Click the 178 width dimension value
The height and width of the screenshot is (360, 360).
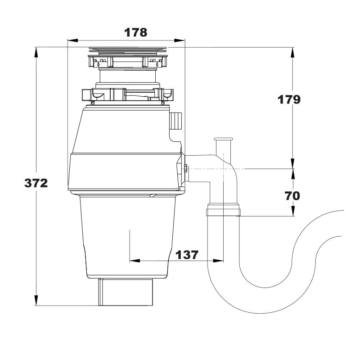pyautogui.click(x=136, y=32)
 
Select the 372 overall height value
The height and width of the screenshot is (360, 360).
pyautogui.click(x=36, y=183)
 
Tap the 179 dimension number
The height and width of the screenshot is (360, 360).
pyautogui.click(x=289, y=99)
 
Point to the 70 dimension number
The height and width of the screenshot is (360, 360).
pyautogui.click(x=292, y=196)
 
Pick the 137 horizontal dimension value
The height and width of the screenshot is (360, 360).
pyautogui.click(x=187, y=255)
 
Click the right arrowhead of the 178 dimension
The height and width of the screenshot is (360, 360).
pyautogui.click(x=180, y=40)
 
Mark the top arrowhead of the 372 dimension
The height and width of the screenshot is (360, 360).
pyautogui.click(x=36, y=53)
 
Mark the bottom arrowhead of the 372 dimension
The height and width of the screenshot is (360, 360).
pyautogui.click(x=36, y=300)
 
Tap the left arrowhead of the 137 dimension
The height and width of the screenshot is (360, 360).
pyautogui.click(x=135, y=261)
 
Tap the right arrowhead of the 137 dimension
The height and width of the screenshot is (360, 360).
pyautogui.click(x=218, y=261)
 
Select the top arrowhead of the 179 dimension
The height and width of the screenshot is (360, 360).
pyautogui.click(x=293, y=53)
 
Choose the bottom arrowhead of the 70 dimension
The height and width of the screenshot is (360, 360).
pyautogui.click(x=293, y=211)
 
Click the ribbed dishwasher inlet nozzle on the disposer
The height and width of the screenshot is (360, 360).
pyautogui.click(x=175, y=121)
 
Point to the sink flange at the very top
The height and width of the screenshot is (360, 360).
pyautogui.click(x=128, y=49)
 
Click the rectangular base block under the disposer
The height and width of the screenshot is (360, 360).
pyautogui.click(x=126, y=292)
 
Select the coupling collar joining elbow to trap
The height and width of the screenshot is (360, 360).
pyautogui.click(x=223, y=209)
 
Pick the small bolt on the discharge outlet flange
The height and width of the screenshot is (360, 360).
pyautogui.click(x=185, y=169)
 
